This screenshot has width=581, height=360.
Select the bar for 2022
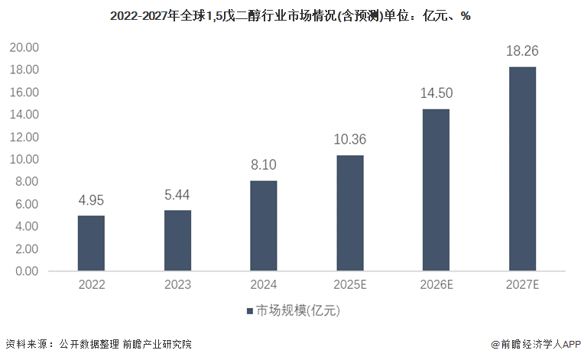click(91, 243)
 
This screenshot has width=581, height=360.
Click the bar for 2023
click(177, 240)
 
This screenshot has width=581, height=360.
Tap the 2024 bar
click(264, 225)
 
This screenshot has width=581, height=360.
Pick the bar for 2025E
click(350, 212)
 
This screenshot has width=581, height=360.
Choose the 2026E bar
click(437, 190)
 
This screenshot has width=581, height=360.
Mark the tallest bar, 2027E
click(523, 169)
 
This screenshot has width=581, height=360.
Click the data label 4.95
click(91, 201)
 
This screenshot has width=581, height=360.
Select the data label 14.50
click(437, 93)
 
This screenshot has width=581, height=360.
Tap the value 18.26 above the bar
click(523, 52)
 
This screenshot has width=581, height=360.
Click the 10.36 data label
click(350, 140)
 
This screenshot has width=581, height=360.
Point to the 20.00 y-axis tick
click(24, 47)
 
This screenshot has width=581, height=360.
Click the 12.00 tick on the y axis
click(24, 137)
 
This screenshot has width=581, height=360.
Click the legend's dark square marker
click(249, 311)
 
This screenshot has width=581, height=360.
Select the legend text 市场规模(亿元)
click(297, 311)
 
